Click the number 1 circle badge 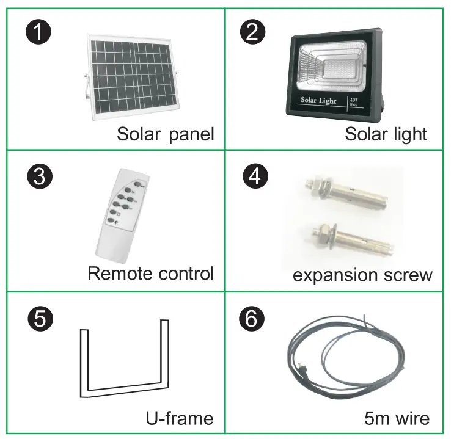click(x=39, y=32)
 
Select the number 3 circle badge click(x=39, y=177)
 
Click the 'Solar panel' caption click(x=165, y=134)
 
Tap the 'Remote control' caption click(x=150, y=273)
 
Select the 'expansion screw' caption click(x=362, y=275)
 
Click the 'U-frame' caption click(x=179, y=418)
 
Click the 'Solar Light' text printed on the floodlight click(x=318, y=100)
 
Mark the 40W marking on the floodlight click(x=353, y=98)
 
